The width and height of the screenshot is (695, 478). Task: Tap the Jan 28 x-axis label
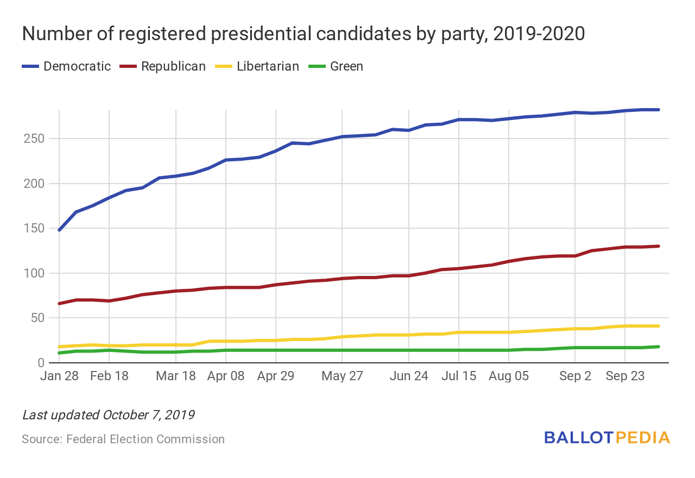pos(59,376)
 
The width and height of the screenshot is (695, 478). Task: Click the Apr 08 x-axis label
pos(226,376)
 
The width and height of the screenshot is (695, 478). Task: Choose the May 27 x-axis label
pos(342,376)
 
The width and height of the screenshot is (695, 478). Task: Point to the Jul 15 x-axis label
pos(458,376)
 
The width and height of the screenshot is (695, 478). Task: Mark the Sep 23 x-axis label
pos(625,376)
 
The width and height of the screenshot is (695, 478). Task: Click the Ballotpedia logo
pos(607,438)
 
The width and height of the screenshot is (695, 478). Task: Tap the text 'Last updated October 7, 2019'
pos(108,416)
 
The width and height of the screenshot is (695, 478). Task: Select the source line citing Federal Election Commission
pos(123,439)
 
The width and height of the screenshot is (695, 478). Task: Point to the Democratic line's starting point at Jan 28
pos(59,230)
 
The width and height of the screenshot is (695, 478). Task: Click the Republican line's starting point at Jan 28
pos(59,303)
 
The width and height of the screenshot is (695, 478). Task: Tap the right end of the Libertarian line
pos(658,326)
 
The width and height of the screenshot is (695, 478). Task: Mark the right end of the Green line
pos(658,347)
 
